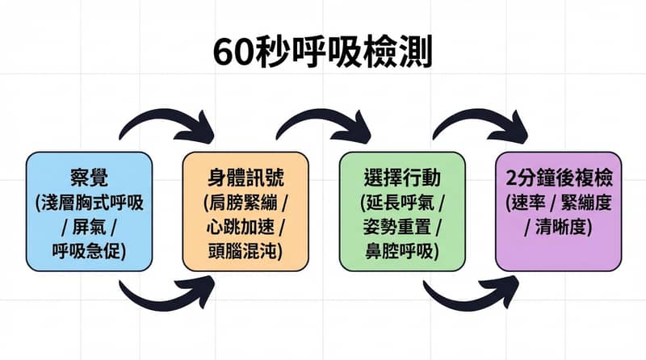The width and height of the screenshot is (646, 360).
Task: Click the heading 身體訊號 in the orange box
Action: (x=245, y=178)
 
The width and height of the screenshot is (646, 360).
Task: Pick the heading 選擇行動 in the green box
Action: (x=401, y=178)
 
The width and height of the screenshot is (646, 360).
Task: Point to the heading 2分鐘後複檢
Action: (x=558, y=178)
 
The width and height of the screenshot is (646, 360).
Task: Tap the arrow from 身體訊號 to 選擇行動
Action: (x=323, y=123)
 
